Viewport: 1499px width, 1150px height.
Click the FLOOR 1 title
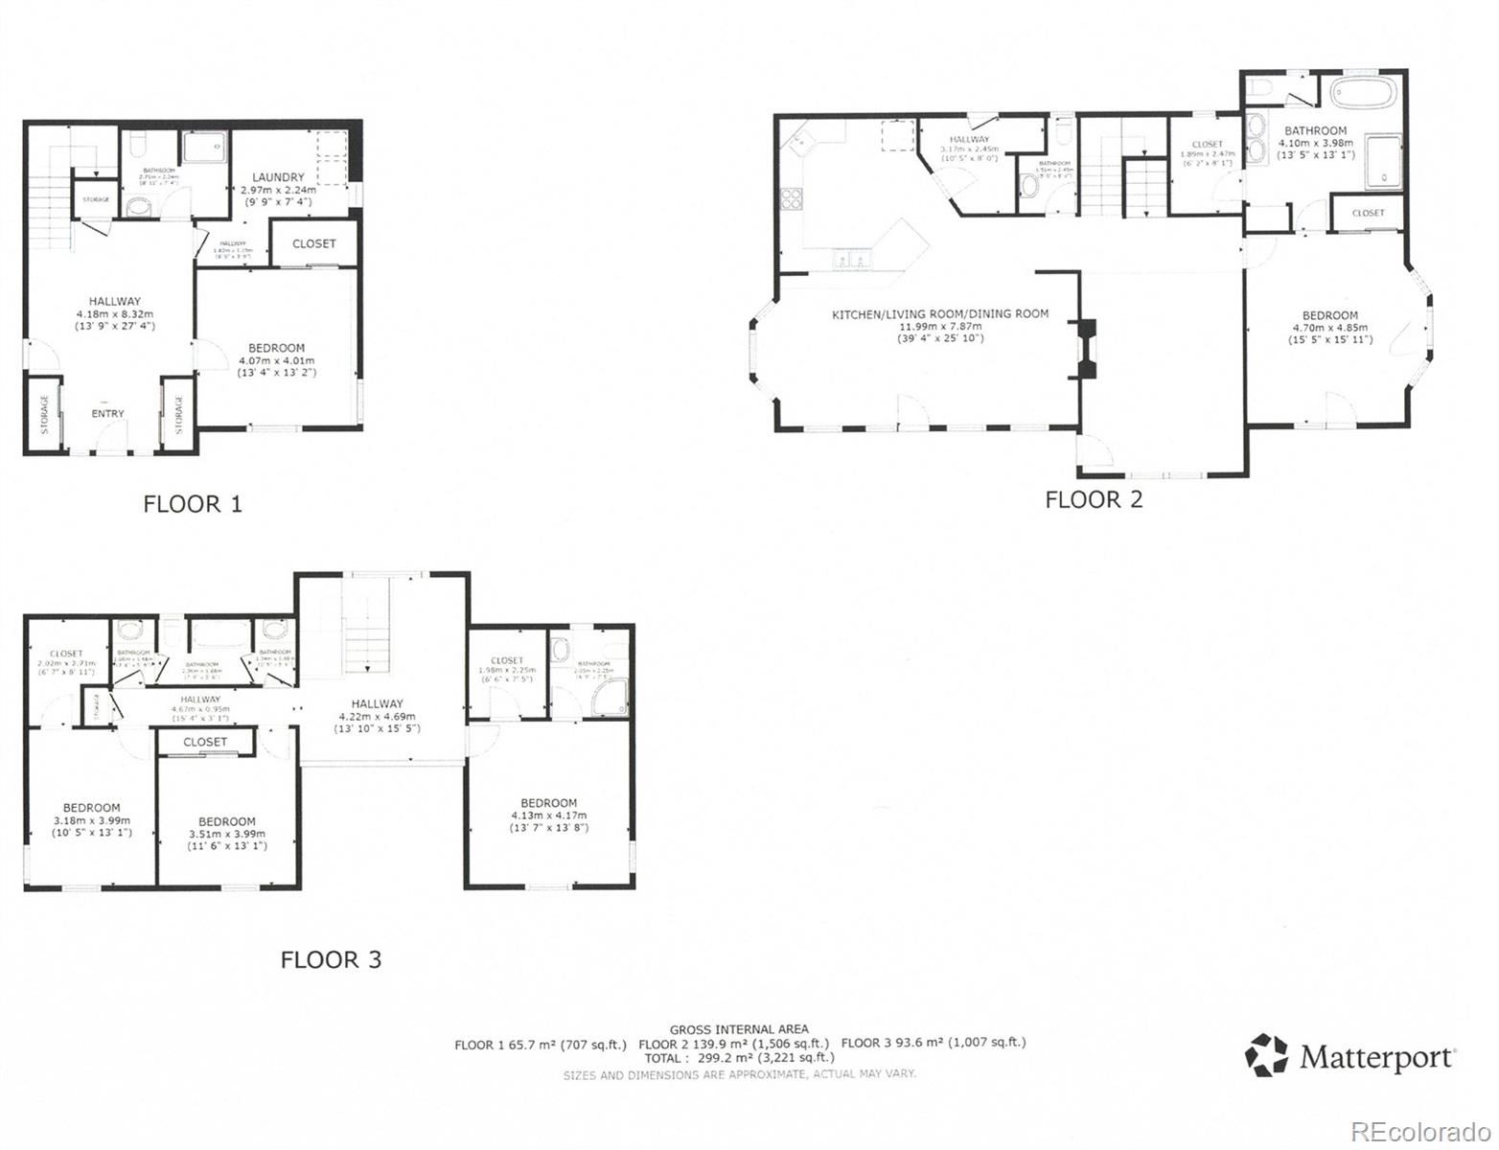193,503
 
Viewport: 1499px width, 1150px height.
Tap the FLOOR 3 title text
331,959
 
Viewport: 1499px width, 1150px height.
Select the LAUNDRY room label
278,177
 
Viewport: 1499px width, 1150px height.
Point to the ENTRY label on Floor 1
107,414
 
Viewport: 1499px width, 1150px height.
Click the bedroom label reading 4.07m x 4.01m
276,359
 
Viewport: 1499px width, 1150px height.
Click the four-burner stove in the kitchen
793,199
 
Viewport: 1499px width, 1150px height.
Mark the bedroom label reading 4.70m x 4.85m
1329,327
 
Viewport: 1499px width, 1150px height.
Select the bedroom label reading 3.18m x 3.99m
92,819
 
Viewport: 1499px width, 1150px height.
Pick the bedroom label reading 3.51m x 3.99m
227,833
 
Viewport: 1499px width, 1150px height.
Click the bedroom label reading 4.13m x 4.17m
549,815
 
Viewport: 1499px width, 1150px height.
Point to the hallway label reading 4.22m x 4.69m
377,715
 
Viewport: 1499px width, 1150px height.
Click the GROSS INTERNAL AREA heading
739,1029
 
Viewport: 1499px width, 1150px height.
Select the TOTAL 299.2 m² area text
739,1058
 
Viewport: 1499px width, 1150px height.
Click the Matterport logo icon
1266,1055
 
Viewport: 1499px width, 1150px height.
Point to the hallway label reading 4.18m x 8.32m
115,313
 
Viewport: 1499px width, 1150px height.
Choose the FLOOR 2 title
1094,499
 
